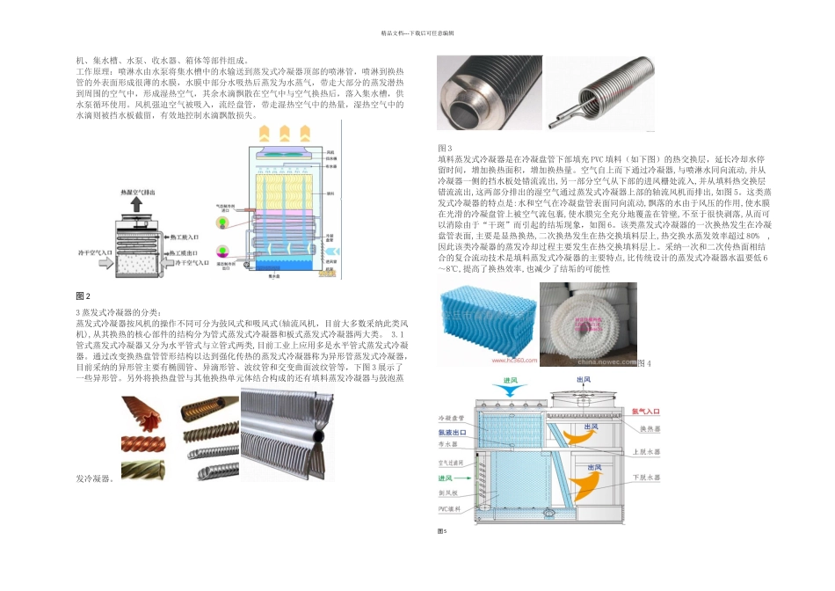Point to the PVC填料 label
450,507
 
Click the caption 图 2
83,295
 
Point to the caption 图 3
445,147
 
